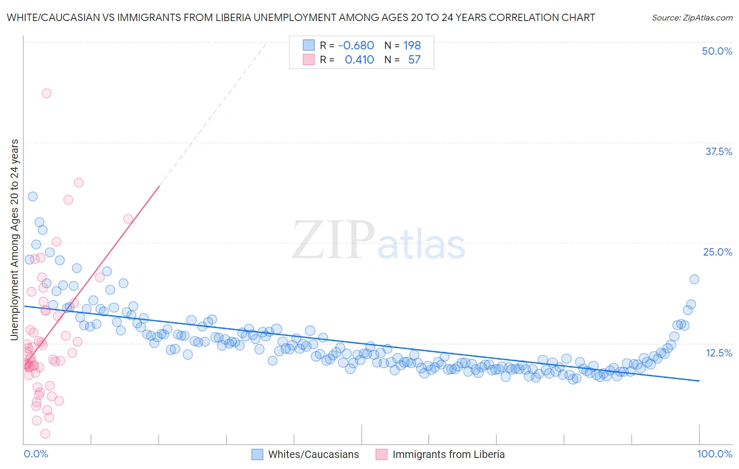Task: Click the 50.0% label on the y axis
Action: click(x=717, y=51)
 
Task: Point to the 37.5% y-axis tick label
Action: click(x=719, y=151)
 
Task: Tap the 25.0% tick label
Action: click(x=717, y=252)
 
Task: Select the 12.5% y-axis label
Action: click(x=719, y=353)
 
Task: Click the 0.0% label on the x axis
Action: click(x=36, y=454)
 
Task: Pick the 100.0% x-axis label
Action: click(x=714, y=454)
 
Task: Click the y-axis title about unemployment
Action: click(x=14, y=240)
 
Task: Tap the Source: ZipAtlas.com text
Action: click(x=692, y=17)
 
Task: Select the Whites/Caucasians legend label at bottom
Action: click(x=313, y=454)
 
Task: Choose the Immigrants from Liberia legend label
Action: click(x=448, y=454)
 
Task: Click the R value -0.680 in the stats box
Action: click(x=356, y=45)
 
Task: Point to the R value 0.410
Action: click(x=359, y=60)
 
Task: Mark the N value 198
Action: click(x=412, y=45)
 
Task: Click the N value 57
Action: click(x=414, y=60)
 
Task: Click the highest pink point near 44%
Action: click(x=46, y=93)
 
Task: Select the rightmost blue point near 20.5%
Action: click(x=694, y=279)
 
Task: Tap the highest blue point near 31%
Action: click(x=33, y=197)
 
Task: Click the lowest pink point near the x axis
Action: click(x=45, y=434)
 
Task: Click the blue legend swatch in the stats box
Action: click(x=309, y=45)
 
